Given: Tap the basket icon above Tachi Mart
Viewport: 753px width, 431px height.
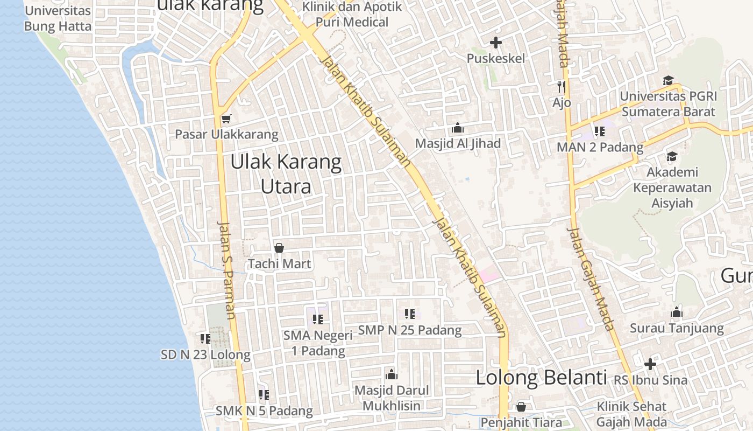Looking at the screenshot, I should pyautogui.click(x=279, y=248).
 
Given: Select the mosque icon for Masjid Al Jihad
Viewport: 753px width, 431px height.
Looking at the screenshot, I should pyautogui.click(x=458, y=128).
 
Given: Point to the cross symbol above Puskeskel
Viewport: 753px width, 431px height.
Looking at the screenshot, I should pyautogui.click(x=496, y=42).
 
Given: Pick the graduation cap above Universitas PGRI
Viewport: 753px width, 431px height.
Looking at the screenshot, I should pyautogui.click(x=668, y=80).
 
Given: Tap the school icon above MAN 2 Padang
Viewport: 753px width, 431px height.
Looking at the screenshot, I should pyautogui.click(x=600, y=131).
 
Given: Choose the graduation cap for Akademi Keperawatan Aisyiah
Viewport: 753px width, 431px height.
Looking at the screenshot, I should pyautogui.click(x=672, y=156).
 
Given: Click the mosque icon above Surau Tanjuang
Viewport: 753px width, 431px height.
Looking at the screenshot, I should pyautogui.click(x=677, y=312).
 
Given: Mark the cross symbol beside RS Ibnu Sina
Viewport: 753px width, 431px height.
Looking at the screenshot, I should pyautogui.click(x=650, y=364).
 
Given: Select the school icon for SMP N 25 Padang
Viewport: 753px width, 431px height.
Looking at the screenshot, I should pyautogui.click(x=410, y=314).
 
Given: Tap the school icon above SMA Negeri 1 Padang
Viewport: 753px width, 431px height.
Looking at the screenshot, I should pyautogui.click(x=318, y=319).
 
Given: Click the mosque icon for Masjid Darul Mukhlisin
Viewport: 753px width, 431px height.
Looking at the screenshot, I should pyautogui.click(x=392, y=374).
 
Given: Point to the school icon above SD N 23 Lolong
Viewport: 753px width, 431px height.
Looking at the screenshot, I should pyautogui.click(x=205, y=338).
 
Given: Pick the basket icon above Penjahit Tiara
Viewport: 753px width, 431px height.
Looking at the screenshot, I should pyautogui.click(x=521, y=407).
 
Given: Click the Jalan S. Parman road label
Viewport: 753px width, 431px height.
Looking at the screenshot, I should pyautogui.click(x=226, y=269).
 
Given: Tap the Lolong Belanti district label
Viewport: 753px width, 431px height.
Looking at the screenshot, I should pyautogui.click(x=541, y=378).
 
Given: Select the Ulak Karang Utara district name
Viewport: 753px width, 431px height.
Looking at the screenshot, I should pyautogui.click(x=286, y=174).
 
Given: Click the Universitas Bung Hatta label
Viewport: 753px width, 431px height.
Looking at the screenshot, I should pyautogui.click(x=58, y=18).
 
